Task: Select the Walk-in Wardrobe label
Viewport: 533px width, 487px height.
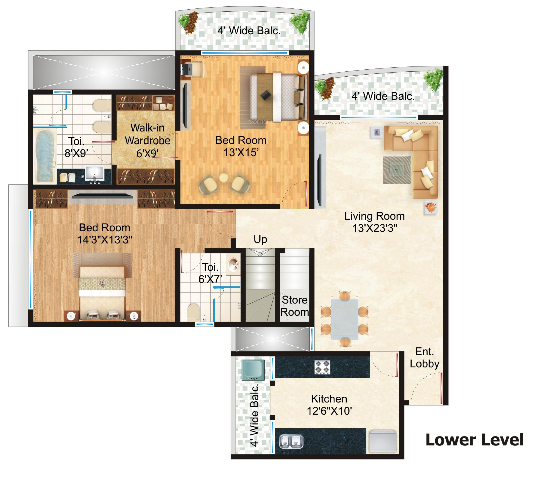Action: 147,140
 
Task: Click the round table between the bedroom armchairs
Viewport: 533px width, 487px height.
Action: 224,178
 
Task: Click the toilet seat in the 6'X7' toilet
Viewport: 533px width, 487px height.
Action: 194,312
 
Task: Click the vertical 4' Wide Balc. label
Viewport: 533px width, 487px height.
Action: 254,415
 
